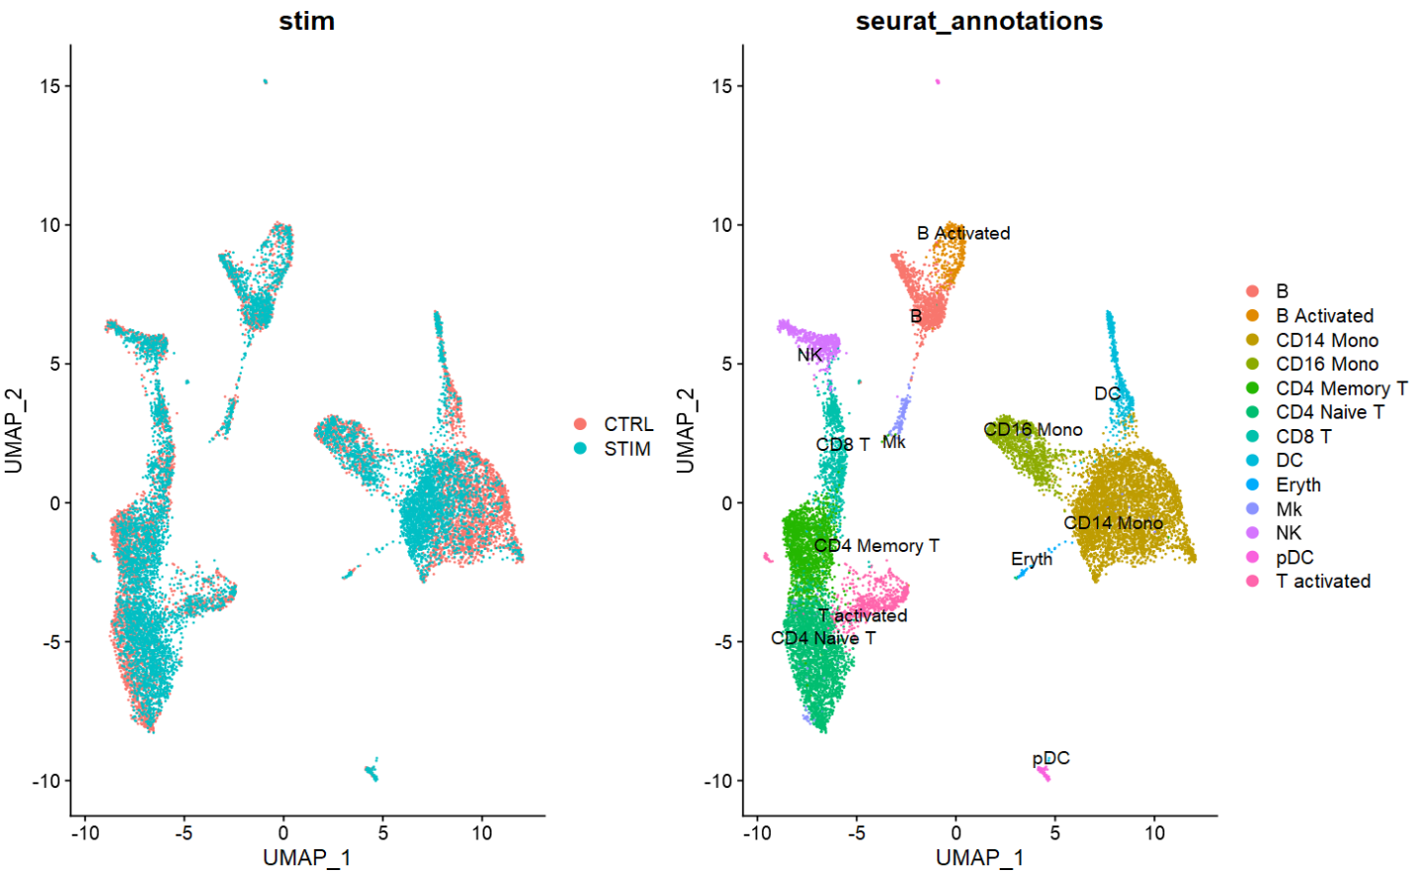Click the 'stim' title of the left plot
pos(306,21)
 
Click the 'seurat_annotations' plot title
pos(979,21)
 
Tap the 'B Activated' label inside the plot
pos(963,234)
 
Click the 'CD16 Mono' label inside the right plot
pos(1033,430)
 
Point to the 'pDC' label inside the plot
pos(1050,759)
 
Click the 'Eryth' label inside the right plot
pos(1032,560)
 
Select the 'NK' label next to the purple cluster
pos(810,355)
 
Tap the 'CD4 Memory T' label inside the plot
pos(876,546)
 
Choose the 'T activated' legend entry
pos(1322,582)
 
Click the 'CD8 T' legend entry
pos(1303,437)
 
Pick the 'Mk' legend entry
pos(1288,509)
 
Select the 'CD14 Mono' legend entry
pos(1326,341)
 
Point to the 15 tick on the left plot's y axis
pos(50,86)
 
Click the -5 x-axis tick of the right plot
pos(857,833)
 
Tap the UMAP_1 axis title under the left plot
pos(306,858)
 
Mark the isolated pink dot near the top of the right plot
pos(937,82)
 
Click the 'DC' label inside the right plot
pos(1107,394)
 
